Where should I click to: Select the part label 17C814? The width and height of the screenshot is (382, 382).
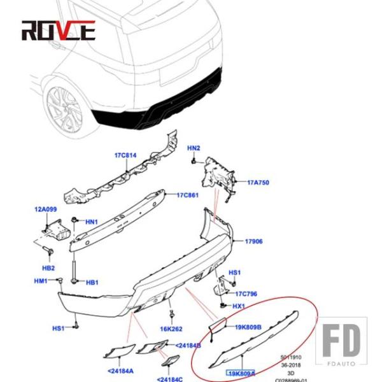click(125, 155)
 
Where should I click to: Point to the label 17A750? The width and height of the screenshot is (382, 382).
click(258, 182)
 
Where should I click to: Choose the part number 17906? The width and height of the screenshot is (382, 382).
click(254, 241)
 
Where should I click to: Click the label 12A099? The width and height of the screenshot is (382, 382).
click(46, 209)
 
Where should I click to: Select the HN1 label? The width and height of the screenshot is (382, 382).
click(92, 222)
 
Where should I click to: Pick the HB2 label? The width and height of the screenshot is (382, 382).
click(48, 268)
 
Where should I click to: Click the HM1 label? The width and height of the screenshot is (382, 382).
click(41, 281)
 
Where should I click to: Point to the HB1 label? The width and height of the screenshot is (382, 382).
click(92, 282)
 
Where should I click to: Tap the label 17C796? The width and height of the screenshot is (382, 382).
click(246, 294)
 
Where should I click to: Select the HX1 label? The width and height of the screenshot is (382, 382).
click(239, 306)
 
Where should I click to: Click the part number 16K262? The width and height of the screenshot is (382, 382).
click(172, 329)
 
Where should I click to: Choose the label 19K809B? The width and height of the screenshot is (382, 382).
click(248, 328)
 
